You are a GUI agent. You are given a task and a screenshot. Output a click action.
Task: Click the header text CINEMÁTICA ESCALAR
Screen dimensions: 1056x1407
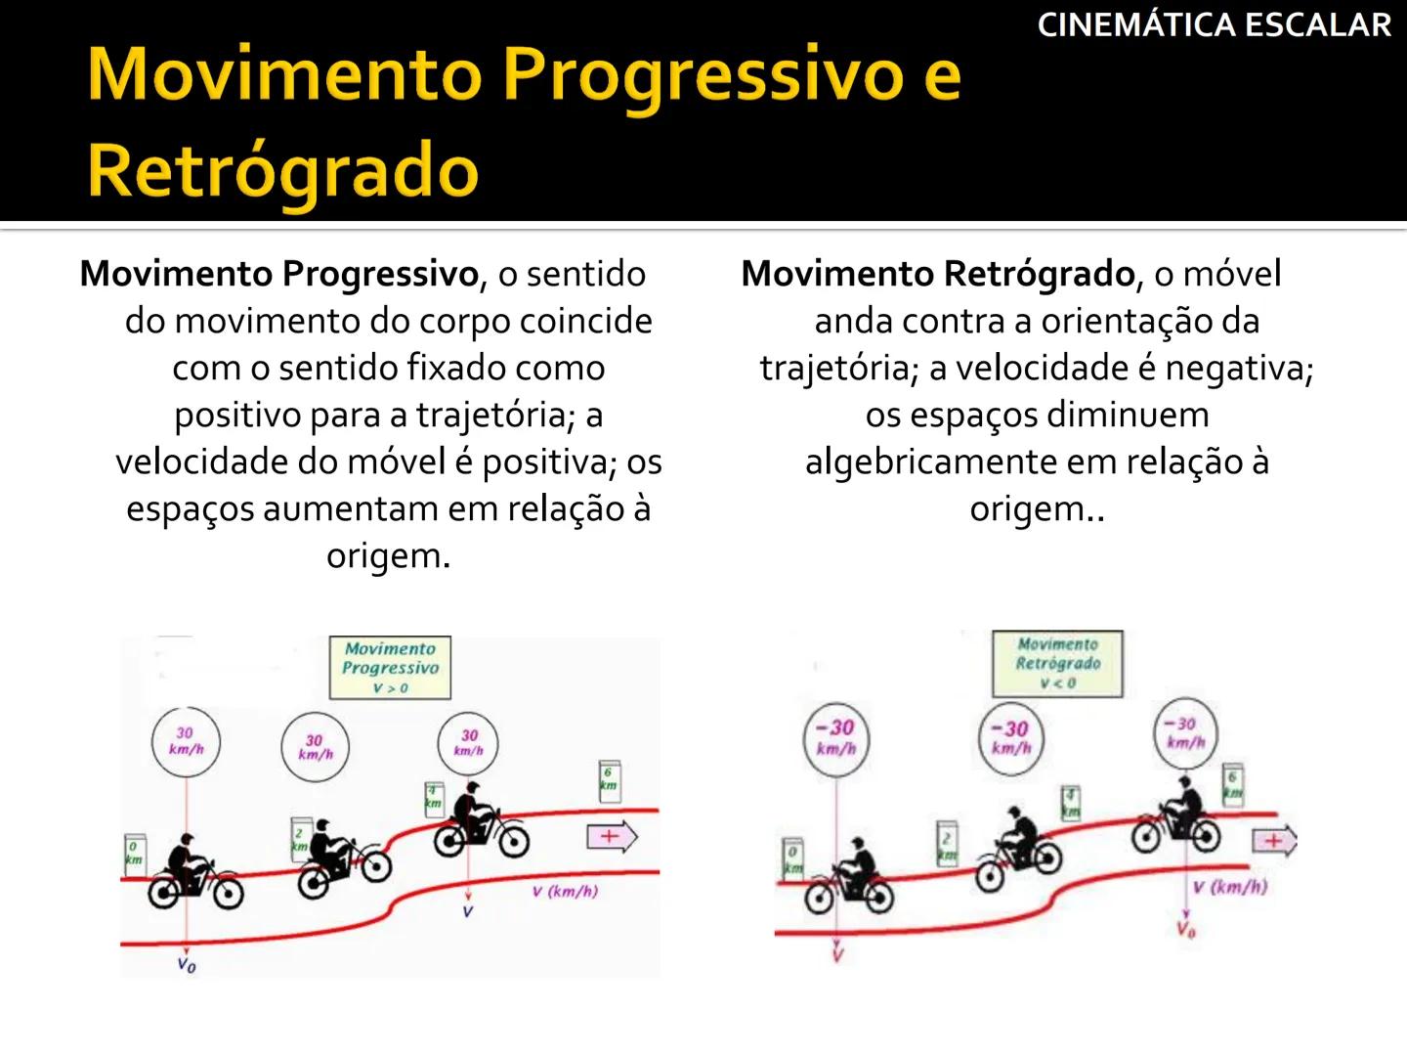(1214, 24)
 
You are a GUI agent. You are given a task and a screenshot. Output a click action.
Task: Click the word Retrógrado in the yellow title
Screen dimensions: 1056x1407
(283, 169)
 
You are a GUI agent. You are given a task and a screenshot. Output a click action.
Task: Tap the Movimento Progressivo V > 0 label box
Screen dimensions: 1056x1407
(391, 668)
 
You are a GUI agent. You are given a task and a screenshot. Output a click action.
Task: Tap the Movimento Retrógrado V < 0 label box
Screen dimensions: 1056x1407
(1057, 663)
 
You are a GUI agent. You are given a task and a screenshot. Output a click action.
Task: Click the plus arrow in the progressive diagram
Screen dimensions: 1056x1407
(612, 837)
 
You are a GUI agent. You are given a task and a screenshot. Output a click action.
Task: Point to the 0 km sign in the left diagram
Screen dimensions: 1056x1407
(133, 853)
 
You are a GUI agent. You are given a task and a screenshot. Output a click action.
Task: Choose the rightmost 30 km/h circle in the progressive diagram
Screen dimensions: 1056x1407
(469, 742)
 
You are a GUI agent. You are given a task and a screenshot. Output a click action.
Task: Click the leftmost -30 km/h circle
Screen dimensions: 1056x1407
(835, 739)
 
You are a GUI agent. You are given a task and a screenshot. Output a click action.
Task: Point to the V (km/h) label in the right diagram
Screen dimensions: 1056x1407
(1229, 888)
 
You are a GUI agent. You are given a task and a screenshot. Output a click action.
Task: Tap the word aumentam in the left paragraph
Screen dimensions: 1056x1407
(351, 508)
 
